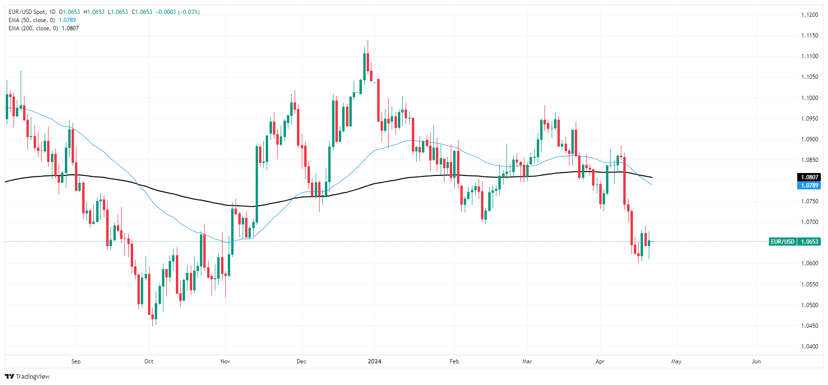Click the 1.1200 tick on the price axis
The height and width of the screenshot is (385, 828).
[x=809, y=15]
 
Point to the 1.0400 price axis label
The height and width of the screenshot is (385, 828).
[x=809, y=347]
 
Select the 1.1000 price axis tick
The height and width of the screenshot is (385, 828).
[x=809, y=98]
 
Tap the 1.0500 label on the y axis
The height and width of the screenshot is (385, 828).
[x=809, y=305]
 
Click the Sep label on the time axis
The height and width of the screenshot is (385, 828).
[x=76, y=361]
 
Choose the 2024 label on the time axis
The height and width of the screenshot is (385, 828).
[x=374, y=361]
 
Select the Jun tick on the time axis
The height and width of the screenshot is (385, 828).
[x=756, y=361]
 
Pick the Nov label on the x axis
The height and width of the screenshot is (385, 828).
[x=225, y=361]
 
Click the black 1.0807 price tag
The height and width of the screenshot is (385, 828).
[x=809, y=177]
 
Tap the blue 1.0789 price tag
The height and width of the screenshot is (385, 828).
[x=809, y=186]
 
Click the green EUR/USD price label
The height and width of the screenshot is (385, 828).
[x=783, y=242]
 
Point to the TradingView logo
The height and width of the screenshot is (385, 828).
[x=27, y=376]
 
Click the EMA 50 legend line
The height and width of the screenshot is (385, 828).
[x=42, y=20]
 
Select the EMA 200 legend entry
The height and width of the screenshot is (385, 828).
[x=44, y=28]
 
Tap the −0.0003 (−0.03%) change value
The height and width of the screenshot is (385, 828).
[x=178, y=12]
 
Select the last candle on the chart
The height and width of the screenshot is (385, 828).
[x=649, y=243]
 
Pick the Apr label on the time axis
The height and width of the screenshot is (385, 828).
[x=600, y=361]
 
